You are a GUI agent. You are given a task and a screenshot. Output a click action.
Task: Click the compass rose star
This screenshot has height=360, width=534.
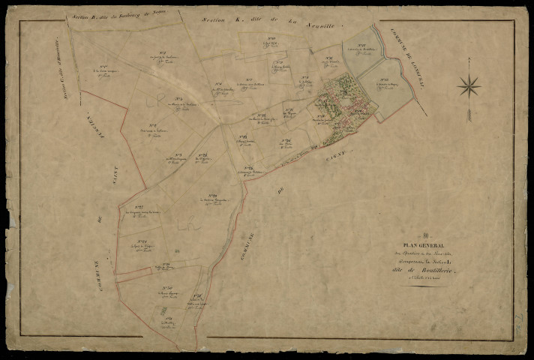coord(470,86)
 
